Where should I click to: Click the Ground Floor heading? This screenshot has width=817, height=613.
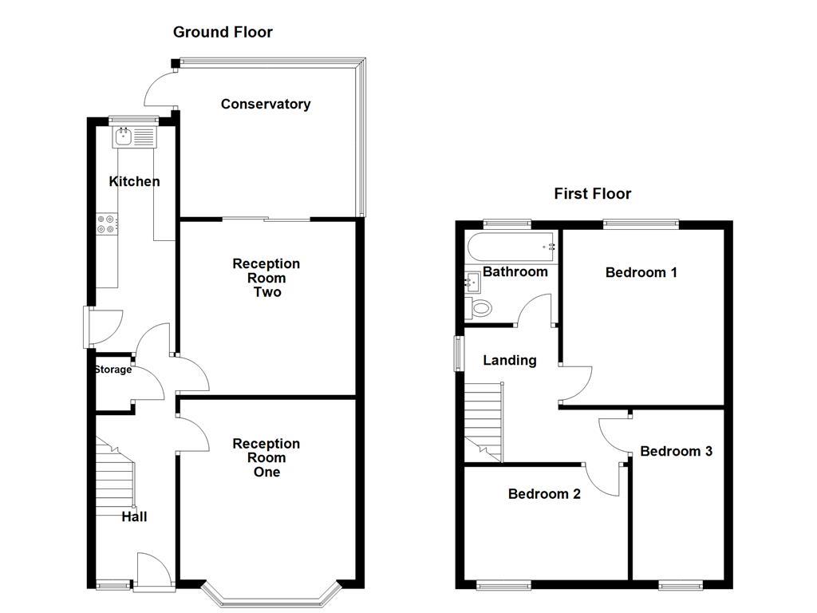coord(223,32)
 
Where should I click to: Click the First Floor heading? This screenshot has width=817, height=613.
coord(592,193)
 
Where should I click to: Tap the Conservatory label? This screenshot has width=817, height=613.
coord(265,104)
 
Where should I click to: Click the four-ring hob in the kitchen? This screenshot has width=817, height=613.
coord(106,224)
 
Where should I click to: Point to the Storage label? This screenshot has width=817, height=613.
coord(112,370)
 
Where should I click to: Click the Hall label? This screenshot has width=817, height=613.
coord(134,516)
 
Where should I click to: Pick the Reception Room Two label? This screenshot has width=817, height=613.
coord(266,277)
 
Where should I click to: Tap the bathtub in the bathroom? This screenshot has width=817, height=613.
coord(511,243)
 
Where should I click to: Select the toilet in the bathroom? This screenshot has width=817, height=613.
coord(480,307)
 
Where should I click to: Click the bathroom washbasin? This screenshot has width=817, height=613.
coord(471,281)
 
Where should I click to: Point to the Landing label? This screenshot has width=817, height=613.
coord(509,360)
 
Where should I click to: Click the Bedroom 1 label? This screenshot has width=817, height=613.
coord(641,272)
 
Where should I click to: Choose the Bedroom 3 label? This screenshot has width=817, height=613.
coord(676,451)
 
